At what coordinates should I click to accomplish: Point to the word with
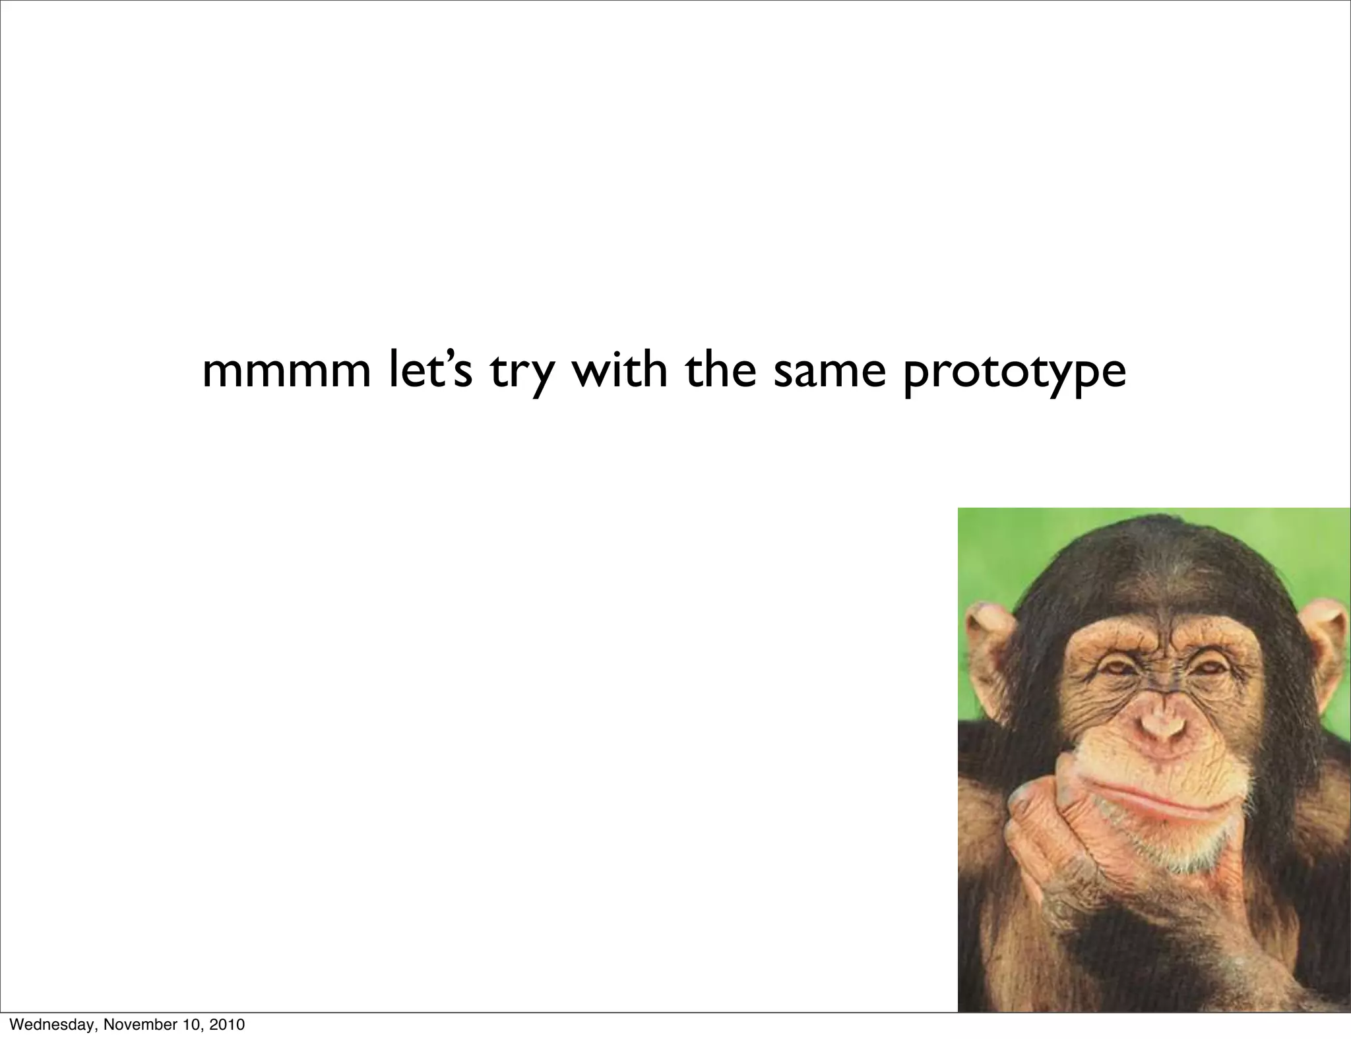click(619, 371)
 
